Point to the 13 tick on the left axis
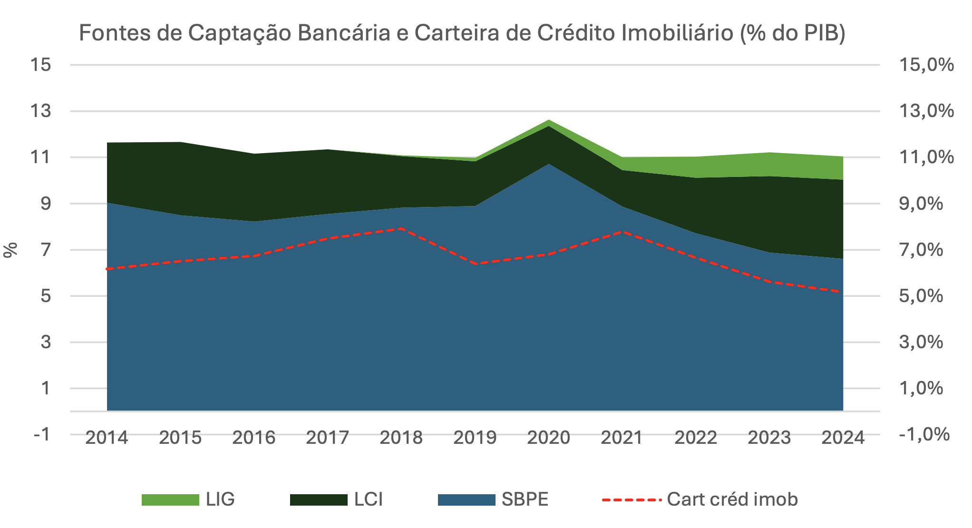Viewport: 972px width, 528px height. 40,111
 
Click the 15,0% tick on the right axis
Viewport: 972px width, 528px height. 926,65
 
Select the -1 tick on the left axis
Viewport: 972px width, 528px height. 42,434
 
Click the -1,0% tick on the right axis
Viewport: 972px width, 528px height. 924,434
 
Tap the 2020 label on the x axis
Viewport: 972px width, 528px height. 548,438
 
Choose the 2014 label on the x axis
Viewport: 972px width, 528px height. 107,438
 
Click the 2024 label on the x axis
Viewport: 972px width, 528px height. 843,438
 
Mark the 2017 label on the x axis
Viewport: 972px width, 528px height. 327,438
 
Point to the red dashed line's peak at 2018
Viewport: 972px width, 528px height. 401,229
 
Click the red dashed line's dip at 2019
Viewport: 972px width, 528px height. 476,264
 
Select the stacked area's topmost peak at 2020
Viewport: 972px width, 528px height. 549,120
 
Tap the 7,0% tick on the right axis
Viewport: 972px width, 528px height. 921,250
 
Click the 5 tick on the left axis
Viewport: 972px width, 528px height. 45,296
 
